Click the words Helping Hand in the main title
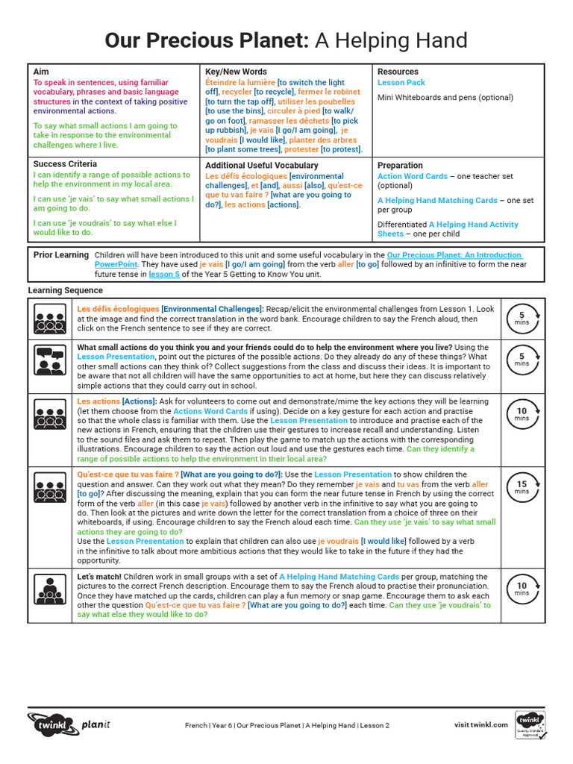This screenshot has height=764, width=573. [x=399, y=40]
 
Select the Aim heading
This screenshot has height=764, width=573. [x=41, y=72]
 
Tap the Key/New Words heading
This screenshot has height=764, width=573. [x=235, y=72]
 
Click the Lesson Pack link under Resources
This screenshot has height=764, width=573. [x=401, y=83]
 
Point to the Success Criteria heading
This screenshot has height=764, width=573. [x=65, y=163]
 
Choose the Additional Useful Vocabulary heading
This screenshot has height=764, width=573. [x=262, y=166]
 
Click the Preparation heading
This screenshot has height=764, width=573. [x=400, y=166]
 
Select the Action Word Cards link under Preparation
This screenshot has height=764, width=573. [x=413, y=177]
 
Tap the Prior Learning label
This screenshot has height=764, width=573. [x=61, y=255]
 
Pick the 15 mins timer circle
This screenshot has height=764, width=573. [x=522, y=487]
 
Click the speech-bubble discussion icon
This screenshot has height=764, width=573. [x=51, y=361]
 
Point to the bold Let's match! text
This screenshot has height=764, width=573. [x=99, y=577]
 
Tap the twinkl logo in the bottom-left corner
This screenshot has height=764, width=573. [x=52, y=724]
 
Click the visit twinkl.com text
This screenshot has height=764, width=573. [x=481, y=724]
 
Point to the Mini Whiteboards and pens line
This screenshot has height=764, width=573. [x=445, y=98]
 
